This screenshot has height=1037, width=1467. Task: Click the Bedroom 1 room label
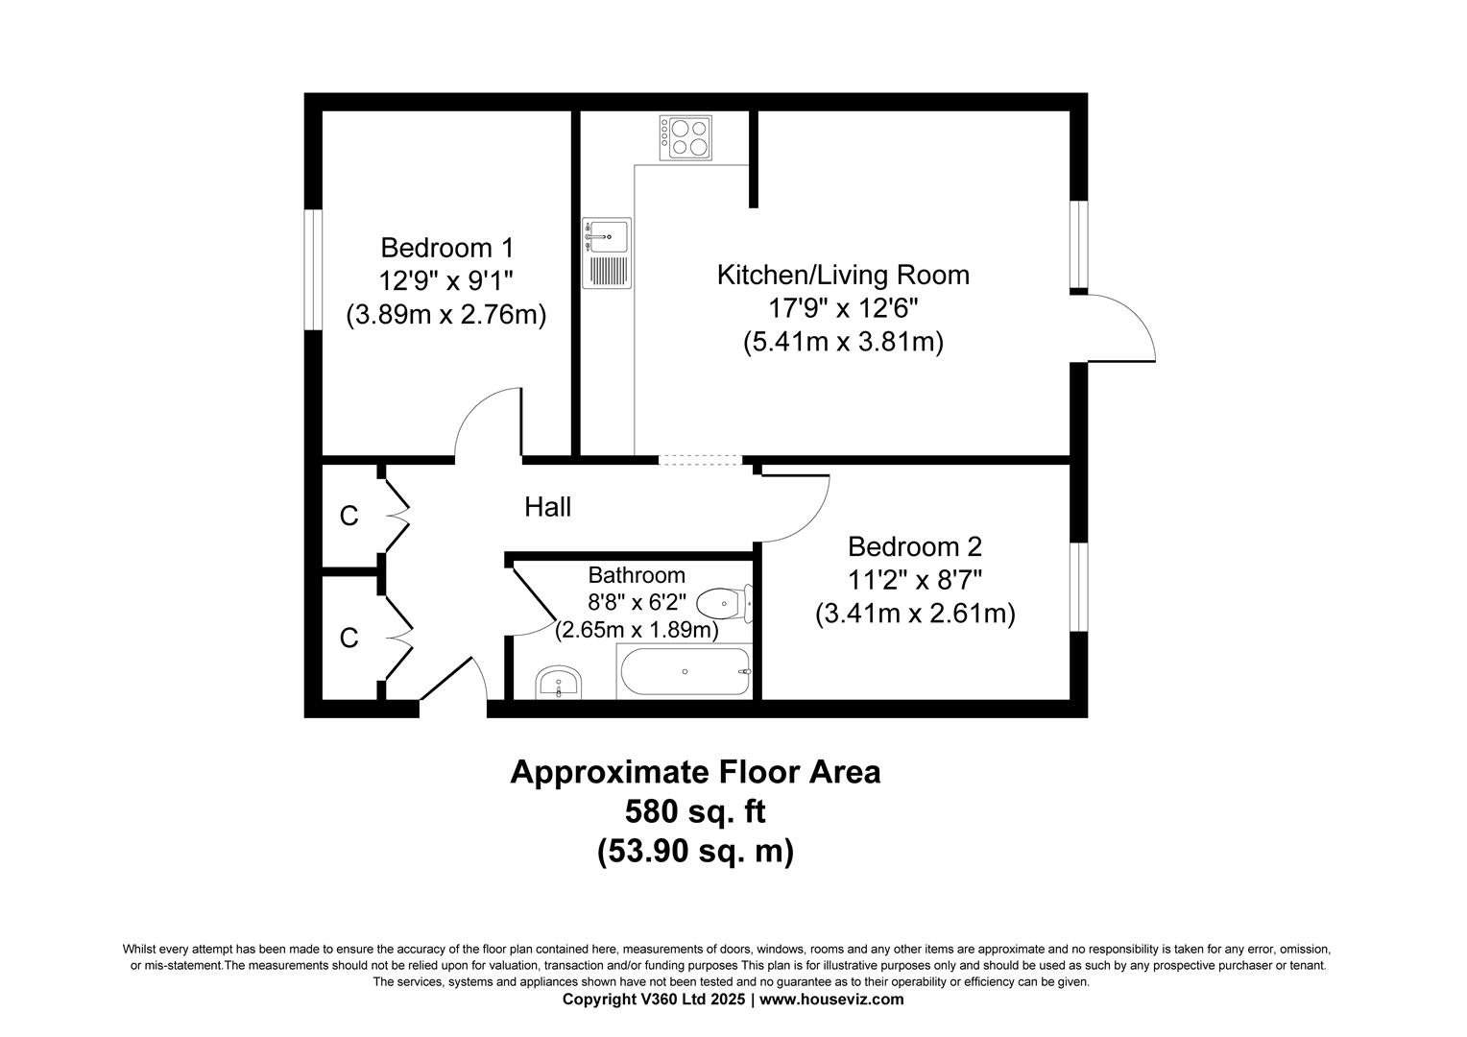[x=446, y=248]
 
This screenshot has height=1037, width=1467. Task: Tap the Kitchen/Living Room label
[x=843, y=275]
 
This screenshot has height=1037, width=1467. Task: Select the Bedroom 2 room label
[x=914, y=546]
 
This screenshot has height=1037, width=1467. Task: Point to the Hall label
[x=547, y=507]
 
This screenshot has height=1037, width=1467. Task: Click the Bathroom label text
[x=637, y=575]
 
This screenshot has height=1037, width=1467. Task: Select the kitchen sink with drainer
[x=606, y=253]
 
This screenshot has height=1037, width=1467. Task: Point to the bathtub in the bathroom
[x=685, y=671]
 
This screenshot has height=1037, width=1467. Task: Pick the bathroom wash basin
[x=558, y=683]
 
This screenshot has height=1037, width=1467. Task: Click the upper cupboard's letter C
[x=349, y=517]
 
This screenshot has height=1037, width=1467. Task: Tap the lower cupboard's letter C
[x=349, y=638]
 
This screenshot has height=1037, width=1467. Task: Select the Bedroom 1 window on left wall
[x=312, y=270]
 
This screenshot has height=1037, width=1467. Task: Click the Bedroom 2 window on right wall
[x=1079, y=587]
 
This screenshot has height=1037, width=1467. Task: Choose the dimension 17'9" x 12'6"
[x=843, y=308]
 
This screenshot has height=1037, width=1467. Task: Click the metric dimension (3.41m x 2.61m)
[x=914, y=614]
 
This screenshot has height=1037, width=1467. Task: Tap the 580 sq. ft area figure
[x=694, y=812]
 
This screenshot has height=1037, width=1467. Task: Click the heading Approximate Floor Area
[x=694, y=772]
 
